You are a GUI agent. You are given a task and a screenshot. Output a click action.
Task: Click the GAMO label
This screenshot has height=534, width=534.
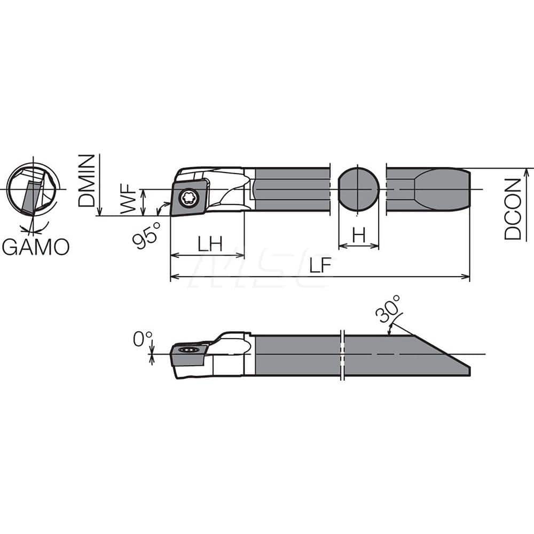(35, 247)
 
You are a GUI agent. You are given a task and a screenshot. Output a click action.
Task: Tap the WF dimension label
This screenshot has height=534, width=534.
(129, 201)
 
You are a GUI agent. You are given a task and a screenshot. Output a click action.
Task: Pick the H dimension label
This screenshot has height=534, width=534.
(359, 235)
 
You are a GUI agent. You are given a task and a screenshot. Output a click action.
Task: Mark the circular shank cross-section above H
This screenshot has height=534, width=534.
(359, 190)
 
